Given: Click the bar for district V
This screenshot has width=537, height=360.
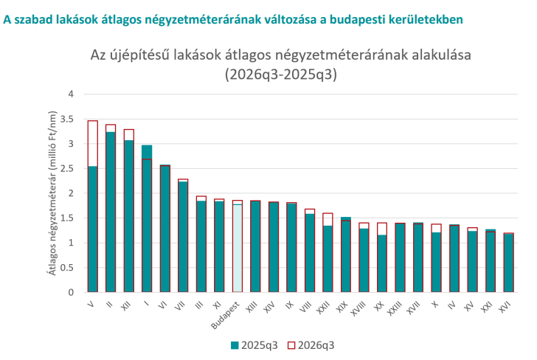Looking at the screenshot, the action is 93,207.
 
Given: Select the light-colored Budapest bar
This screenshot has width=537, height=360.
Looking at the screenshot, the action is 238,246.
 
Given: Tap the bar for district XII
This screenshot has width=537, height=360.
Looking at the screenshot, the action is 129,211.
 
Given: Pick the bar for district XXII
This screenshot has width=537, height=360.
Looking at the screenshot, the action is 328,253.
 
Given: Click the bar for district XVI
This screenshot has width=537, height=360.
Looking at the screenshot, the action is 508,263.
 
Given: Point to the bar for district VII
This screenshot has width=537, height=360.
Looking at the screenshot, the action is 183,235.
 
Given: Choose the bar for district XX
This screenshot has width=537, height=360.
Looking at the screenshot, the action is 382,257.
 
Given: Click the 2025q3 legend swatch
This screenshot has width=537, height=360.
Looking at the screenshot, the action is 235,345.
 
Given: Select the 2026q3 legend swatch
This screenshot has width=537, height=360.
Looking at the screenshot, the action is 291,345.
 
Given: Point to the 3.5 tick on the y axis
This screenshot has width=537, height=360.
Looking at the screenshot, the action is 67,120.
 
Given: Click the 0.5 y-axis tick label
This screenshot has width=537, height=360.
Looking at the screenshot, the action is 67,268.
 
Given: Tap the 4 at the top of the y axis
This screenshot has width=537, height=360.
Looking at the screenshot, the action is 71,94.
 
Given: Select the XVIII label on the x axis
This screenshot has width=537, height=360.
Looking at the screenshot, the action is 358,308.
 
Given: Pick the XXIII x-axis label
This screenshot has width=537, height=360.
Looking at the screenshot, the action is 395,308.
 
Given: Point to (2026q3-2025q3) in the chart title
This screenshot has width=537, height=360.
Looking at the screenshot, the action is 281,75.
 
